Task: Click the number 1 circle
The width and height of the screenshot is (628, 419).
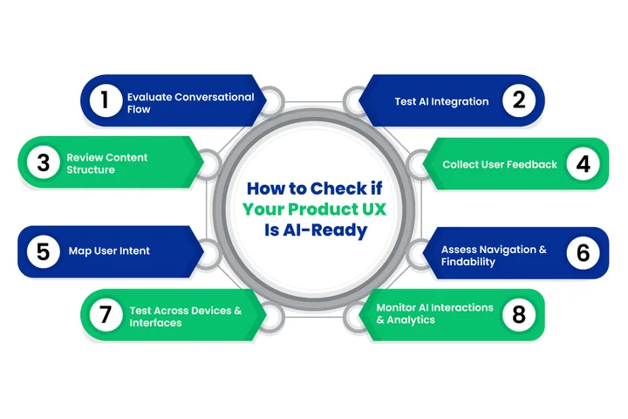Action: [105, 100]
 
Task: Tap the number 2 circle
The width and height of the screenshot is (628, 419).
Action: [518, 100]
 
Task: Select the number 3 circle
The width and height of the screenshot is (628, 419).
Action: [42, 163]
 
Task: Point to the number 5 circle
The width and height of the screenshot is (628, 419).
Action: [42, 251]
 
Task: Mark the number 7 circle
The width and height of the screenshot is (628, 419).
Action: [105, 315]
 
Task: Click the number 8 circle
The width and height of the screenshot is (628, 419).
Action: [518, 315]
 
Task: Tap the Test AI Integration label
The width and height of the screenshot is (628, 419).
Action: [441, 101]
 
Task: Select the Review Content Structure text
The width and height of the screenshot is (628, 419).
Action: [107, 163]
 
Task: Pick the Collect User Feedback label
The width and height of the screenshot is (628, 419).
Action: [499, 164]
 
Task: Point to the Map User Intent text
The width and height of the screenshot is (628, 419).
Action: [109, 251]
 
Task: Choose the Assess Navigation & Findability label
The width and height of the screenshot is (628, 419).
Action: [493, 255]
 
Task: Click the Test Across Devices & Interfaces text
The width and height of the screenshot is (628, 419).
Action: [184, 316]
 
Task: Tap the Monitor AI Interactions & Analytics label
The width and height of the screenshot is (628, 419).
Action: [434, 313]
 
